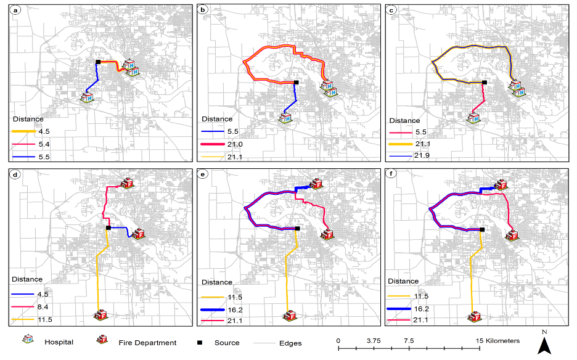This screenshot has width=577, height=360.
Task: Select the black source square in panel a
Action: [x=98, y=62]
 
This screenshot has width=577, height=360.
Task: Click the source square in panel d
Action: [x=108, y=228]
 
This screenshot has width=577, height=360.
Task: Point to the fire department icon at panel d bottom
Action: [x=100, y=315]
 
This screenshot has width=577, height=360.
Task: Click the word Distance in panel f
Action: [x=404, y=281]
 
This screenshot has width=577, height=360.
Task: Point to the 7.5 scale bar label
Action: [x=408, y=341]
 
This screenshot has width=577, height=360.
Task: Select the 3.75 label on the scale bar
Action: [x=374, y=341]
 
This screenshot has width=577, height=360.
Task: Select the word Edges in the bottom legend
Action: [x=290, y=342]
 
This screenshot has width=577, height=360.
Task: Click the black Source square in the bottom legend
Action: [x=200, y=342]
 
